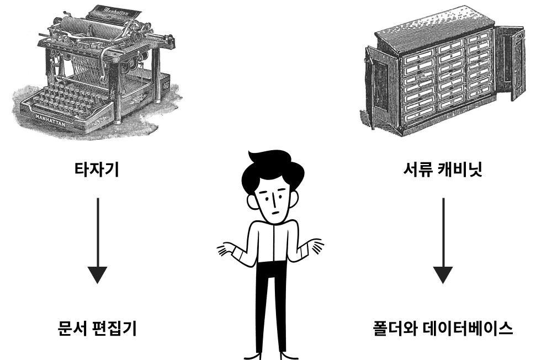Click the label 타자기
(x=97, y=169)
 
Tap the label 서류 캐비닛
(x=443, y=169)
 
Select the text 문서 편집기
(x=97, y=329)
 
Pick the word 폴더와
(x=395, y=329)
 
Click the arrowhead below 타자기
(x=97, y=275)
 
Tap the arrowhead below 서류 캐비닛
(x=443, y=275)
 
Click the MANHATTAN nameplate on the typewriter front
(x=51, y=119)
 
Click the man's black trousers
(x=271, y=306)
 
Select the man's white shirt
(x=271, y=243)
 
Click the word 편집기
(x=116, y=329)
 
